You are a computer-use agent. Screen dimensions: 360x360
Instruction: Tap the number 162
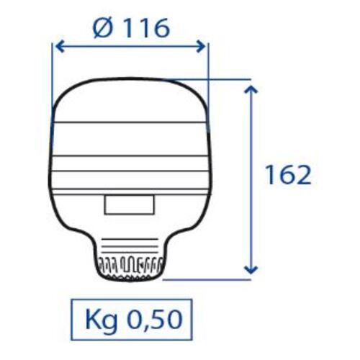(x=286, y=175)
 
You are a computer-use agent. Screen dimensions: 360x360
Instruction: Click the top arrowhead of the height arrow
(x=251, y=89)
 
